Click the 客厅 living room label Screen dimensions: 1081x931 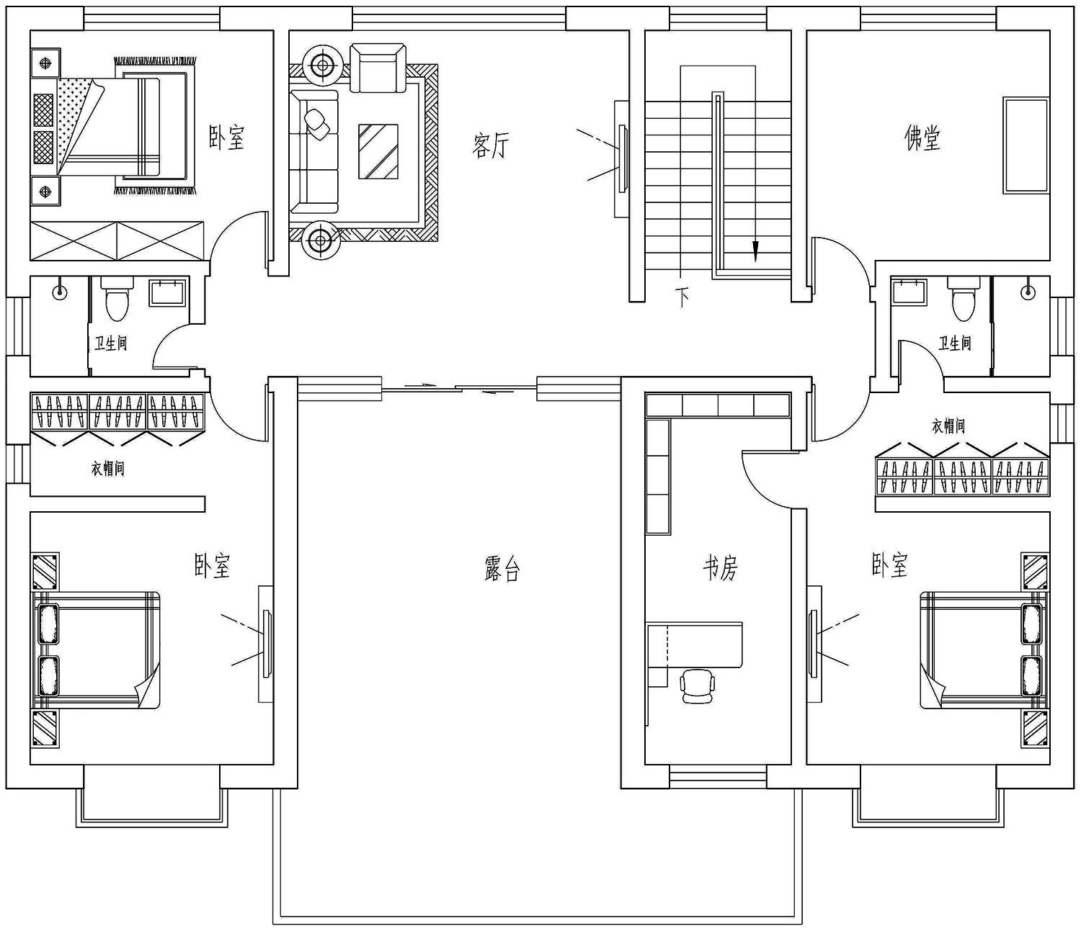(x=490, y=145)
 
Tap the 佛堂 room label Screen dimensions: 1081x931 (x=922, y=138)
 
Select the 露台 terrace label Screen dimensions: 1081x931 (x=502, y=569)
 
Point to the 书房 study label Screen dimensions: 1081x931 (x=720, y=568)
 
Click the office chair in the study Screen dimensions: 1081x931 (x=697, y=687)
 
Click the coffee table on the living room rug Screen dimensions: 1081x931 (x=378, y=151)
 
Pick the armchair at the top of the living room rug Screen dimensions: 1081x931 (x=378, y=68)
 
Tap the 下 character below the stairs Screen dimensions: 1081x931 (x=682, y=298)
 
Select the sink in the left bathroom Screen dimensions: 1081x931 (x=167, y=293)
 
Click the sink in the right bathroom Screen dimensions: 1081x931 (x=909, y=292)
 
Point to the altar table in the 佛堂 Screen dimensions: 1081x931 (x=1026, y=145)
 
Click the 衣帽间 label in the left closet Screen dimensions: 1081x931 (x=108, y=469)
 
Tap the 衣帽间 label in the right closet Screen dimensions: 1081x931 (x=948, y=426)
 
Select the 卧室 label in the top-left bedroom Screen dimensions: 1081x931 (x=226, y=138)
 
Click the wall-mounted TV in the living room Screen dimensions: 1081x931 (x=622, y=159)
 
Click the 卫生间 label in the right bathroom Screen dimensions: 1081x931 (x=954, y=343)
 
